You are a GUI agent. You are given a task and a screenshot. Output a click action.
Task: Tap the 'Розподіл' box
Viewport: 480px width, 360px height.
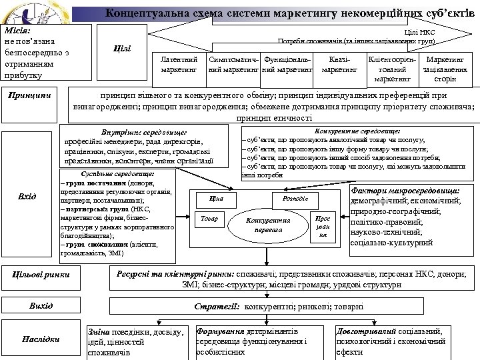click(x=290, y=199)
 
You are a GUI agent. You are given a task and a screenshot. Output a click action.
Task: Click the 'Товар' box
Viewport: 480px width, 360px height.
click(x=209, y=218)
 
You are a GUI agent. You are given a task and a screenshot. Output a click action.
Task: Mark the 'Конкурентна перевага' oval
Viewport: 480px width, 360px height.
click(x=268, y=225)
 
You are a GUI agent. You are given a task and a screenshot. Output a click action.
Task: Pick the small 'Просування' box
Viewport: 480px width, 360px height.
click(x=322, y=226)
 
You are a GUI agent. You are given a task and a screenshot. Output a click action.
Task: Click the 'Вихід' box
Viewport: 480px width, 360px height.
click(x=41, y=305)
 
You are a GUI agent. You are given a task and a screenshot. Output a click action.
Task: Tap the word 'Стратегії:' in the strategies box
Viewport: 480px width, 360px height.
click(x=217, y=306)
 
